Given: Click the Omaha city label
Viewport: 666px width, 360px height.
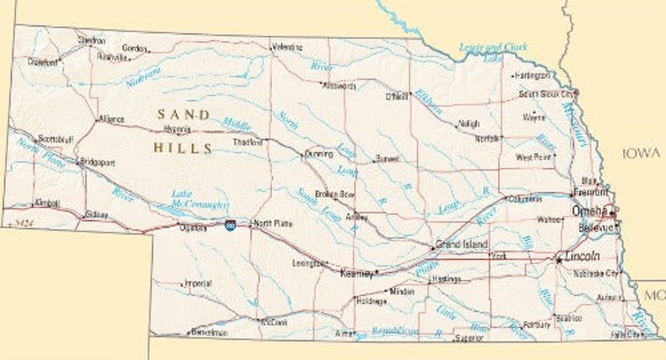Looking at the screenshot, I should [x=589, y=211].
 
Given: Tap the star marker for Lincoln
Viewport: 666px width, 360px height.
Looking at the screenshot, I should [x=559, y=260].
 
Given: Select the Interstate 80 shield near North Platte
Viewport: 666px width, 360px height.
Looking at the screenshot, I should [x=230, y=224].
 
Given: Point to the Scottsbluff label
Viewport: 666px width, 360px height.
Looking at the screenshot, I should [x=57, y=138].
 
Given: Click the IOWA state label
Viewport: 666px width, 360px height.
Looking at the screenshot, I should [x=642, y=153].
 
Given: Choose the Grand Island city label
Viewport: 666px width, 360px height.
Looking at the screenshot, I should [x=460, y=244].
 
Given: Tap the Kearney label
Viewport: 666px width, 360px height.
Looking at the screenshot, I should [x=356, y=273].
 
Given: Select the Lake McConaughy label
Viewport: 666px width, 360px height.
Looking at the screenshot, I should [x=200, y=199].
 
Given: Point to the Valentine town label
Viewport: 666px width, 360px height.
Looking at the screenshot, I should [x=287, y=48].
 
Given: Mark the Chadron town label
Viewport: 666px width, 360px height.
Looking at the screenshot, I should [x=91, y=40].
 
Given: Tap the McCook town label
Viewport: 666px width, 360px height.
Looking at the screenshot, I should [x=274, y=321].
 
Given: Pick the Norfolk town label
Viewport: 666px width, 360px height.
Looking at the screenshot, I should [x=487, y=138].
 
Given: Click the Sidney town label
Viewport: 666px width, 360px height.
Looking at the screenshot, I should [x=96, y=215].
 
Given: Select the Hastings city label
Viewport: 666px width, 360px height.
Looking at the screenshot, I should [x=446, y=279].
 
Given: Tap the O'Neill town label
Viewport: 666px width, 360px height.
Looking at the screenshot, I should [x=395, y=97].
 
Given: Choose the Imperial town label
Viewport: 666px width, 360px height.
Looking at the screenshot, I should [x=197, y=283].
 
